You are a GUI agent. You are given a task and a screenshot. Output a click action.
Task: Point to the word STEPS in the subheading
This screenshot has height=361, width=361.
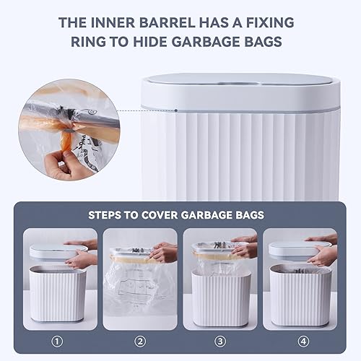108,214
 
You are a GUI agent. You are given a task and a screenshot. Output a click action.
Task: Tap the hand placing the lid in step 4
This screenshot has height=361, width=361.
323,253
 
